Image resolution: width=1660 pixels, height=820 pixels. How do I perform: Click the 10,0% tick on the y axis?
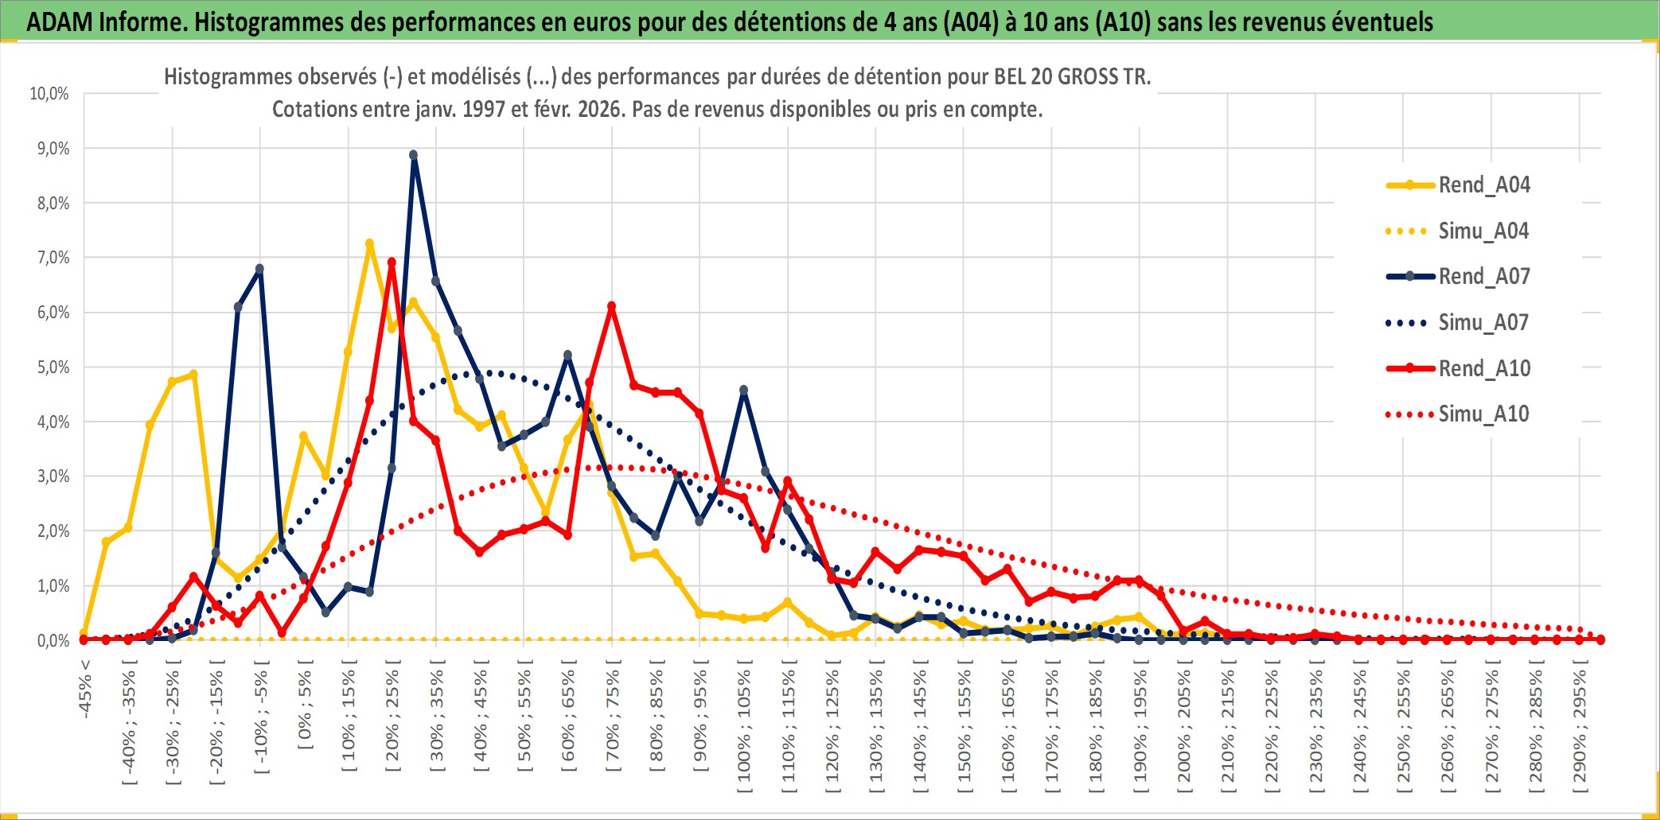click(x=49, y=94)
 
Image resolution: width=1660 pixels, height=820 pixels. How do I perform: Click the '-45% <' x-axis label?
click(x=85, y=689)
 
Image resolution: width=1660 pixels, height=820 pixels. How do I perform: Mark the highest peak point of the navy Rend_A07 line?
click(x=414, y=155)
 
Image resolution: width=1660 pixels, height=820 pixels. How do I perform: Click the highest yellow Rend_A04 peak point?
click(x=369, y=244)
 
